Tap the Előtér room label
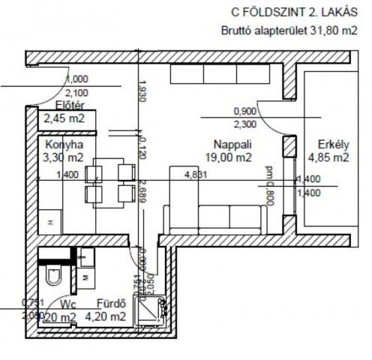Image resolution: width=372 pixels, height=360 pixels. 69,105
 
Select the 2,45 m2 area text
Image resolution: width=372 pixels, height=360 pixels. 64,118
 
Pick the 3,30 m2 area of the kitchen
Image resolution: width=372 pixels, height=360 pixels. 64,157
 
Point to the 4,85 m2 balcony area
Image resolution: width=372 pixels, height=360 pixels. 328,157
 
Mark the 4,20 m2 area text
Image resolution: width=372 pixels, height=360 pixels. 106,316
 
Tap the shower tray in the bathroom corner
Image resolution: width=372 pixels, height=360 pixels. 151,310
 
